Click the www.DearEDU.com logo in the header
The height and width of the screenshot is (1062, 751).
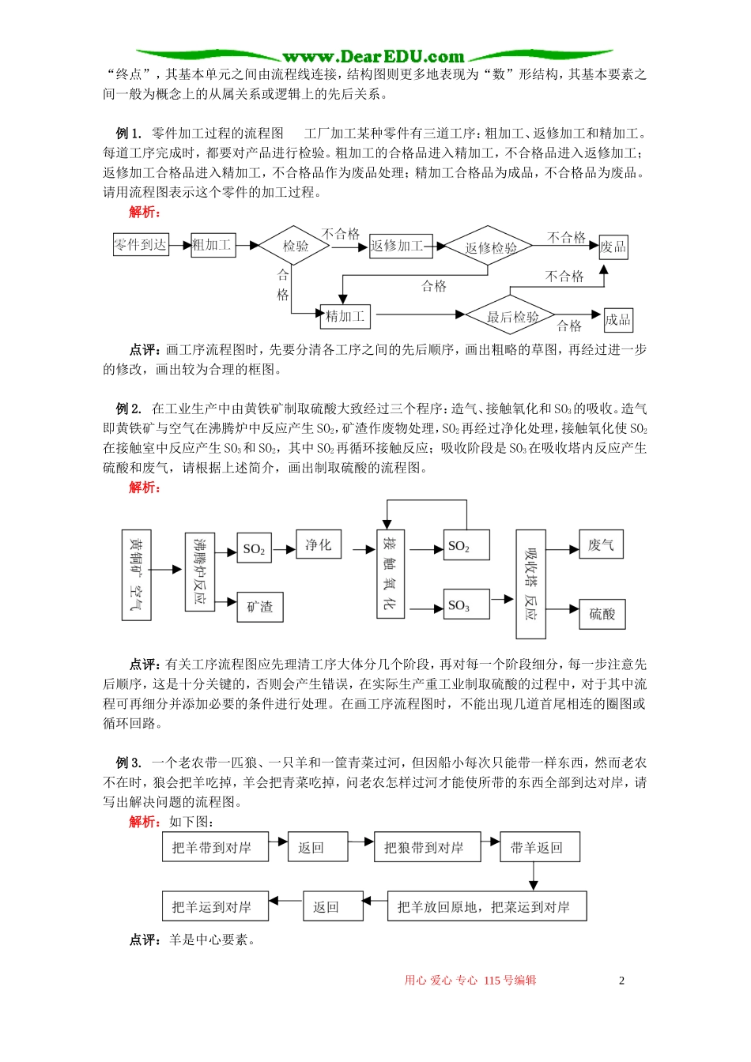click(x=374, y=56)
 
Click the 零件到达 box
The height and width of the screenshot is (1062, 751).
click(x=141, y=245)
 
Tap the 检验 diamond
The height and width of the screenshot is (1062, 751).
click(x=296, y=246)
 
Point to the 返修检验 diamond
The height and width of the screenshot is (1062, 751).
click(x=490, y=247)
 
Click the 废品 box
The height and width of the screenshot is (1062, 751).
click(x=613, y=247)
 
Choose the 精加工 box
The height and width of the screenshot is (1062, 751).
click(x=345, y=316)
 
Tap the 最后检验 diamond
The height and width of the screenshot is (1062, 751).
click(x=511, y=317)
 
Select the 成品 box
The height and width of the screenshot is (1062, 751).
click(x=618, y=319)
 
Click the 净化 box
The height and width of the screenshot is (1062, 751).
click(x=319, y=544)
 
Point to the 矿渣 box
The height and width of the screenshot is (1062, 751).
click(x=260, y=607)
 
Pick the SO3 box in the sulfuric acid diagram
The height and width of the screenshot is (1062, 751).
click(x=466, y=605)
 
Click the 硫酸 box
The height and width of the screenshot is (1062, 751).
click(x=602, y=613)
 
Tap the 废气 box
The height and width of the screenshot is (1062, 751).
click(x=601, y=544)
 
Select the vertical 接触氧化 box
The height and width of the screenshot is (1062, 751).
click(x=391, y=574)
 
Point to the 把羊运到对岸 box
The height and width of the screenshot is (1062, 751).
click(x=215, y=906)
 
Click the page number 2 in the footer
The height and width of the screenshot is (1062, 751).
click(x=621, y=981)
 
